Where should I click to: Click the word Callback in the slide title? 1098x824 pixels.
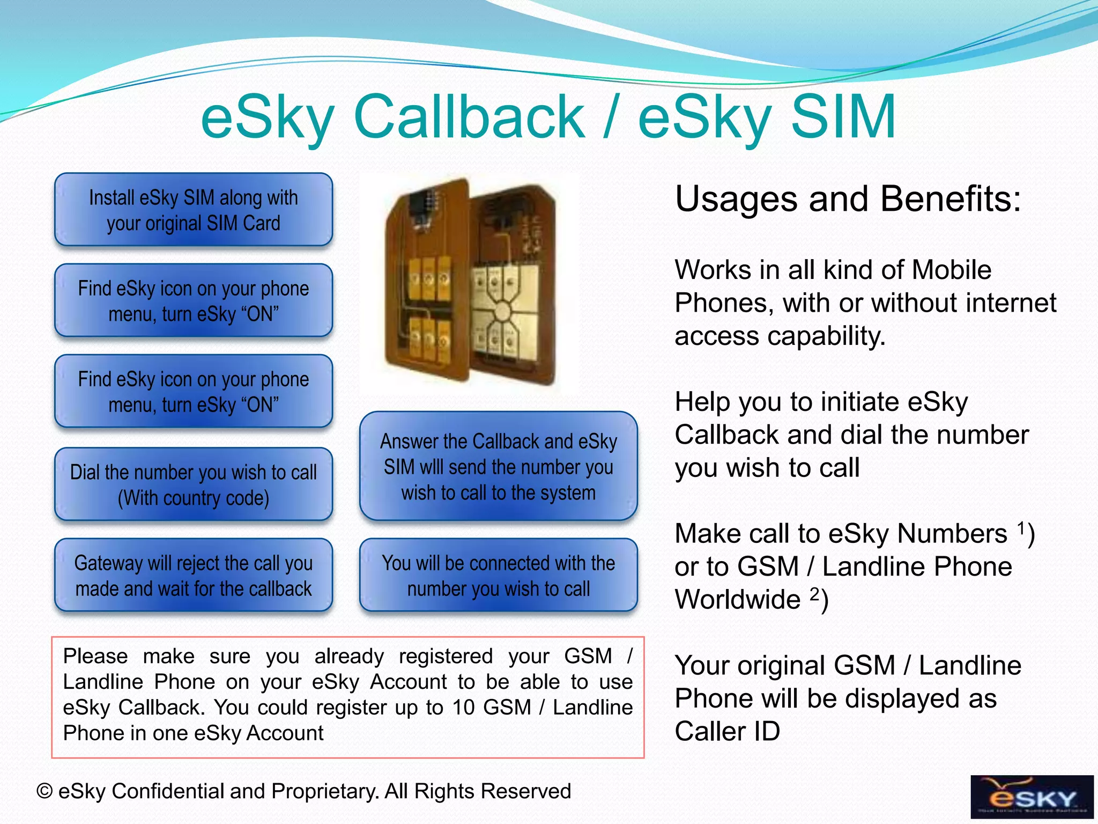click(x=469, y=117)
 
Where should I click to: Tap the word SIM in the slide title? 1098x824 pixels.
click(x=843, y=117)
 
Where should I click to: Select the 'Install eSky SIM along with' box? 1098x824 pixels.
click(x=194, y=210)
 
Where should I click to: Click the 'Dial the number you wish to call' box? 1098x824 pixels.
click(x=194, y=484)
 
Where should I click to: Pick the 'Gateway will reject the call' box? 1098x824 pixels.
click(x=194, y=576)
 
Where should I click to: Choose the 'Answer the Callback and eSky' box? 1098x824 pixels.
click(x=499, y=466)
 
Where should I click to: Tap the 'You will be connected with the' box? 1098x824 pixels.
click(x=499, y=576)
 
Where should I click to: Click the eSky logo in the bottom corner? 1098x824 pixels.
click(x=1032, y=797)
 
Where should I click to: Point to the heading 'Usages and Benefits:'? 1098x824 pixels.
click(x=848, y=199)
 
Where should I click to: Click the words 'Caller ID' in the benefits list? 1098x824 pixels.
click(x=727, y=732)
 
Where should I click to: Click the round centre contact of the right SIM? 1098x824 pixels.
click(x=502, y=312)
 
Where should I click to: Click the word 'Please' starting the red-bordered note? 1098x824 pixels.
click(x=95, y=656)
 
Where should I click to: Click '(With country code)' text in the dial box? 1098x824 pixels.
click(x=194, y=498)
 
